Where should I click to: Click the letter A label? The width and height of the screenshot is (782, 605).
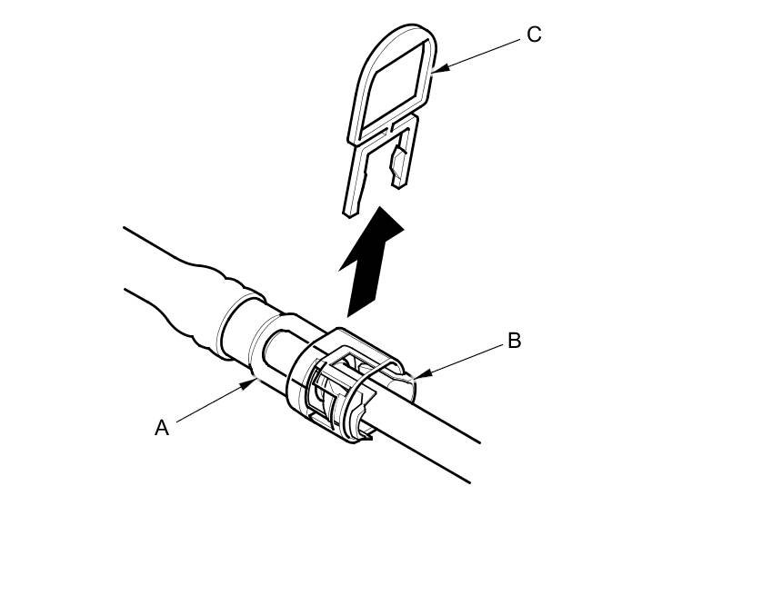click(x=162, y=428)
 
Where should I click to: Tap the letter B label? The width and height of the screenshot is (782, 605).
click(x=514, y=342)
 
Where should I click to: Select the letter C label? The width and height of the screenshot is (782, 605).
click(x=534, y=35)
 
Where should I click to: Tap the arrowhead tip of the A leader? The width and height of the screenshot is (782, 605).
click(x=253, y=382)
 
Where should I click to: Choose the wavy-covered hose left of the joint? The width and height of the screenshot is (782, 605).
click(x=182, y=291)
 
